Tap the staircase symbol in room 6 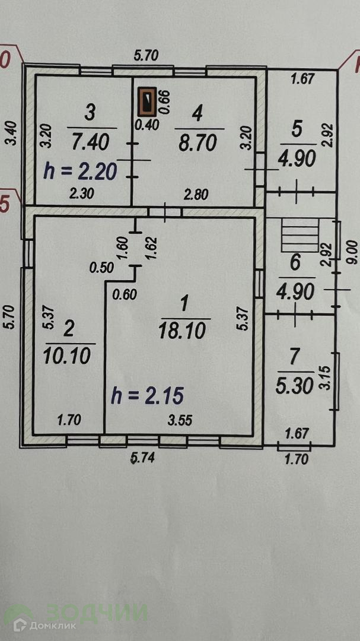tap(300, 235)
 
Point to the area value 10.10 tap(66, 356)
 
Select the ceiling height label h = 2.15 tap(147, 395)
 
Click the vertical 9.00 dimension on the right tap(352, 251)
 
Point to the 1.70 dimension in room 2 tap(69, 422)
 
